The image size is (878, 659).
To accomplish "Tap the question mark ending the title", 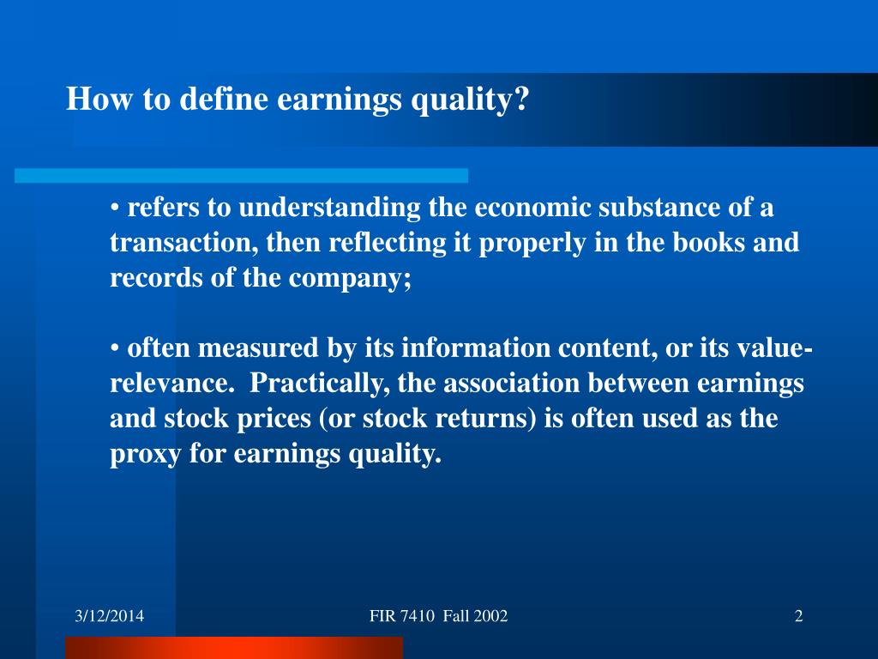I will click(523, 100).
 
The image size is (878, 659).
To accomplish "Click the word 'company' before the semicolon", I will click(355, 279).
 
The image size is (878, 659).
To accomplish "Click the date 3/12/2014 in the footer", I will click(109, 616).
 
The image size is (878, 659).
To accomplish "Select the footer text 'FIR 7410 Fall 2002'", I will click(438, 616).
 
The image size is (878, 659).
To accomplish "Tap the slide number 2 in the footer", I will click(798, 616).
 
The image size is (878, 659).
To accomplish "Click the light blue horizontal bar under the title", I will click(241, 175).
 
